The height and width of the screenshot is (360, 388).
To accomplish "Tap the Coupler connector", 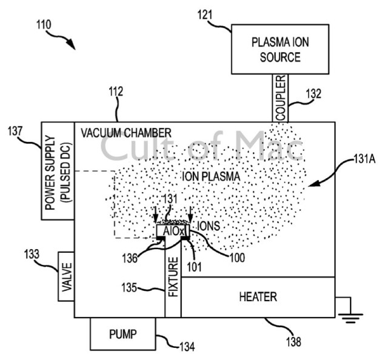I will [x=279, y=98].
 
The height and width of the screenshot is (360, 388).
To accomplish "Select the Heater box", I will [x=258, y=297].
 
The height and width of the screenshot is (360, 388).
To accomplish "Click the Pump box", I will [x=123, y=333].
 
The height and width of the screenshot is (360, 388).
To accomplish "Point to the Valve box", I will [x=66, y=276].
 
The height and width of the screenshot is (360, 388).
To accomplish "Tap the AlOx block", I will [x=172, y=231].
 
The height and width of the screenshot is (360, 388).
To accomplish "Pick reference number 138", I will [x=293, y=342].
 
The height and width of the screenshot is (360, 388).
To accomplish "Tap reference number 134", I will [x=187, y=347].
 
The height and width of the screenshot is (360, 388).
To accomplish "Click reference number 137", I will [x=14, y=131].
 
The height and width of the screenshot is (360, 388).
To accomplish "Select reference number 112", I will [x=115, y=92].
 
